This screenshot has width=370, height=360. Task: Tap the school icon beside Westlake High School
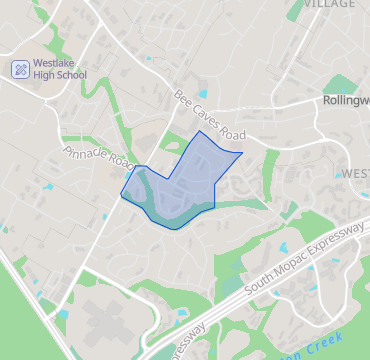click(x=19, y=70)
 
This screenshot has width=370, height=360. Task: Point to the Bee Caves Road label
click(x=209, y=116)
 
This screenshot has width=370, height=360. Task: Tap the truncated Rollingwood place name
click(x=345, y=101)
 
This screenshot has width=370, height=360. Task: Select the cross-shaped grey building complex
click(x=100, y=320)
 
